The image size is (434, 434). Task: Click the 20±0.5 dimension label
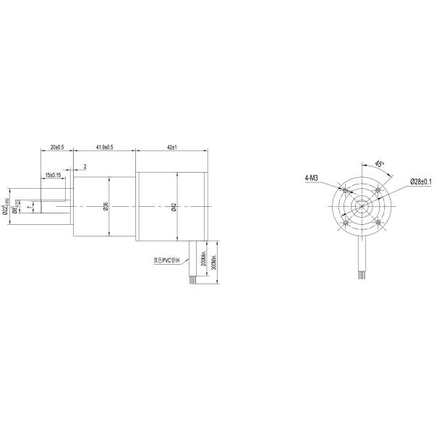56,147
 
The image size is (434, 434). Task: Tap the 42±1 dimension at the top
172,147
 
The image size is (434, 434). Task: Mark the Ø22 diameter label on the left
7,207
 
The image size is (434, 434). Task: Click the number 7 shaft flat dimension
28,207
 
